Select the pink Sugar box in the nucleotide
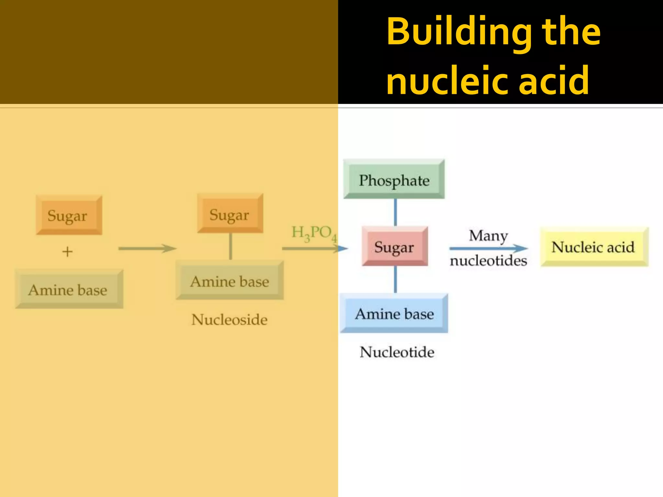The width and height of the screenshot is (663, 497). [x=395, y=247]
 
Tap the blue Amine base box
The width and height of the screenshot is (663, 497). [x=394, y=314]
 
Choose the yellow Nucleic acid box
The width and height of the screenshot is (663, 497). [x=594, y=247]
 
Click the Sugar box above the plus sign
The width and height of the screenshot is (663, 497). [x=69, y=215]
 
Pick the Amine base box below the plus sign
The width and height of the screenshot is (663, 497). [x=69, y=289]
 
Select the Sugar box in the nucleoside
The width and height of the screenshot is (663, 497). [x=230, y=214]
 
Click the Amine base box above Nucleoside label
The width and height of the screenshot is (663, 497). [x=230, y=281]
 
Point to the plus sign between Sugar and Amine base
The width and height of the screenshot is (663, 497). [x=67, y=251]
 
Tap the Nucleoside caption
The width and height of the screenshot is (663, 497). [x=229, y=320]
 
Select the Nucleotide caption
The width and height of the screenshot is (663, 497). [x=397, y=352]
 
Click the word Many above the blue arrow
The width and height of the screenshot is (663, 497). [x=488, y=236]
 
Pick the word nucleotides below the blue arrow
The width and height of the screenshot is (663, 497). [x=488, y=260]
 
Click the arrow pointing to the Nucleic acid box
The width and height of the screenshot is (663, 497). [x=488, y=248]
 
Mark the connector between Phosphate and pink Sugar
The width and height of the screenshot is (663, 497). [x=395, y=212]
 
